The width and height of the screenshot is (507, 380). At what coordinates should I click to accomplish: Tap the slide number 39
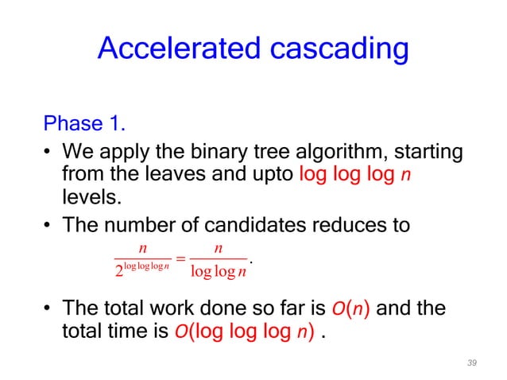point(472,363)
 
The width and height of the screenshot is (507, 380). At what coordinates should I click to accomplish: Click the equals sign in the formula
point(181,258)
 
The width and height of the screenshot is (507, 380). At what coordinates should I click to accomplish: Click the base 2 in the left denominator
point(120,272)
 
